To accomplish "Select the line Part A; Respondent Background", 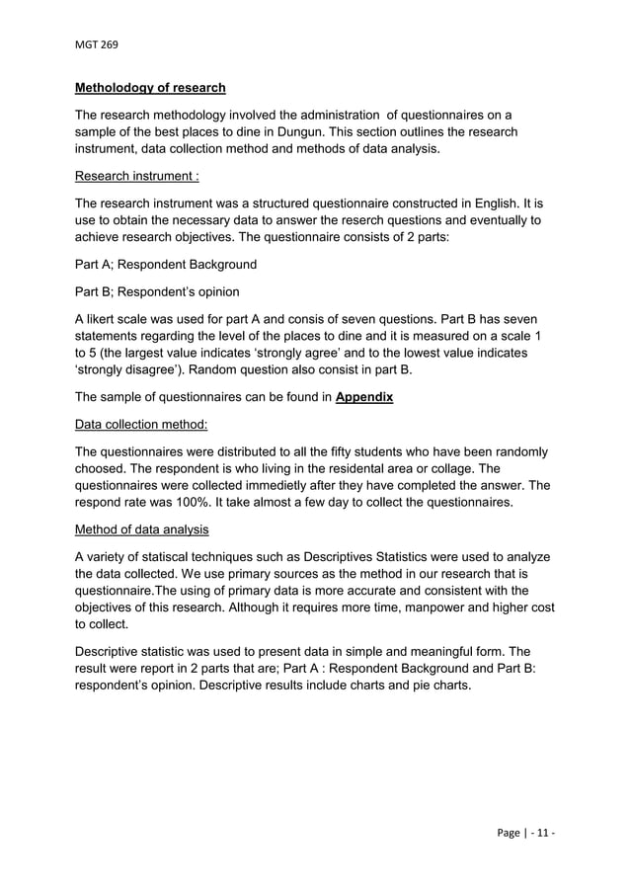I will point(166,265).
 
